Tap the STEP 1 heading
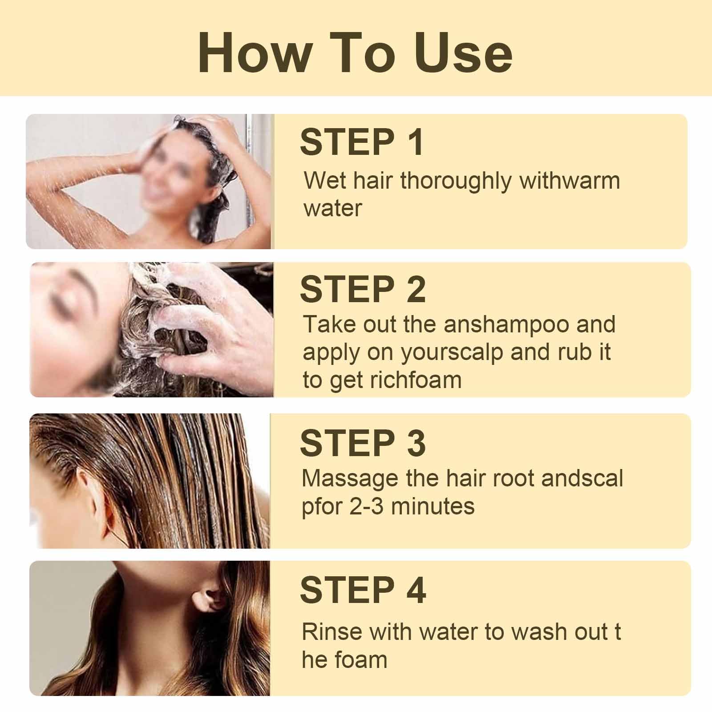click(x=362, y=142)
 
